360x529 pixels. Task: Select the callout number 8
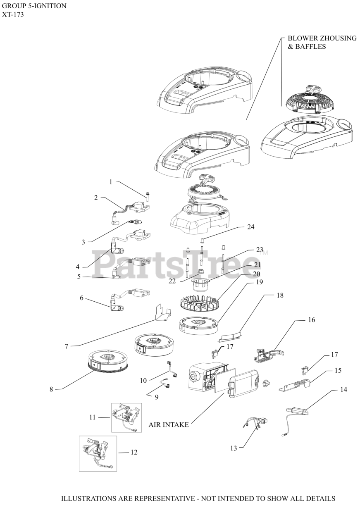click(x=51, y=389)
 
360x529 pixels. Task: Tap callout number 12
click(x=134, y=453)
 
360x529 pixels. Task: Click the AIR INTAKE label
click(x=169, y=425)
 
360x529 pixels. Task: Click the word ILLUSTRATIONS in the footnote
click(x=87, y=499)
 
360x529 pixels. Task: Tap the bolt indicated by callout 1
click(x=147, y=193)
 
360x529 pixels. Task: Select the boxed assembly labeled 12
click(x=98, y=453)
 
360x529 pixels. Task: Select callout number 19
click(x=260, y=282)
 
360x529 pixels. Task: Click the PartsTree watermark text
click(x=178, y=264)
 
